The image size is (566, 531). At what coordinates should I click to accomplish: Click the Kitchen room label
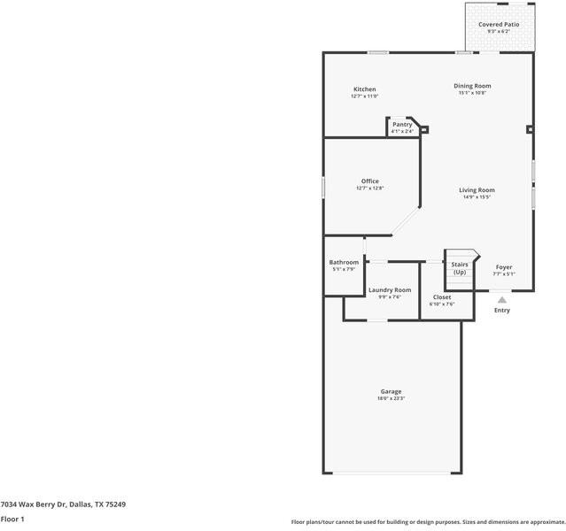pyautogui.click(x=364, y=89)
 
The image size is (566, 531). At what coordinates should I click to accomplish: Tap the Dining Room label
pyautogui.click(x=472, y=86)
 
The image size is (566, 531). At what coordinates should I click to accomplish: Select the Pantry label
pyautogui.click(x=402, y=125)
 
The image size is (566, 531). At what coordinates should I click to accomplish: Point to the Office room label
pyautogui.click(x=369, y=181)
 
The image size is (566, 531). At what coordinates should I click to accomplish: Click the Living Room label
pyautogui.click(x=476, y=190)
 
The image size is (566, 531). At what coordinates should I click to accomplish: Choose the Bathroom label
pyautogui.click(x=344, y=262)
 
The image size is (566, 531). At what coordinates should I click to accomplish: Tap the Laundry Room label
pyautogui.click(x=390, y=290)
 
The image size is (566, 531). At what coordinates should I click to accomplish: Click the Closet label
pyautogui.click(x=442, y=297)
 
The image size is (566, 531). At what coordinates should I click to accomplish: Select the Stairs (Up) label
pyautogui.click(x=460, y=268)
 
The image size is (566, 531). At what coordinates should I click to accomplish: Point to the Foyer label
pyautogui.click(x=503, y=267)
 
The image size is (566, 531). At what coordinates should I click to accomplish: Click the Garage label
pyautogui.click(x=391, y=391)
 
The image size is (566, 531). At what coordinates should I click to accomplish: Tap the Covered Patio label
pyautogui.click(x=499, y=25)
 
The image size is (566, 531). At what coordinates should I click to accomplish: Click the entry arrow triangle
pyautogui.click(x=502, y=300)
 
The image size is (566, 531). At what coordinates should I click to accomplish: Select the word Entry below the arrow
pyautogui.click(x=502, y=311)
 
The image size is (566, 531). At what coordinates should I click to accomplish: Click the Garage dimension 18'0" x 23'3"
pyautogui.click(x=391, y=398)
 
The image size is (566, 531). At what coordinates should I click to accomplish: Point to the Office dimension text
pyautogui.click(x=369, y=189)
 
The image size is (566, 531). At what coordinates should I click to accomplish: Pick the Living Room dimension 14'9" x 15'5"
pyautogui.click(x=476, y=197)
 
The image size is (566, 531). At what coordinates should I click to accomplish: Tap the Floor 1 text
pyautogui.click(x=12, y=519)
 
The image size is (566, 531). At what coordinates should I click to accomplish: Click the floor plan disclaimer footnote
pyautogui.click(x=427, y=522)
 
